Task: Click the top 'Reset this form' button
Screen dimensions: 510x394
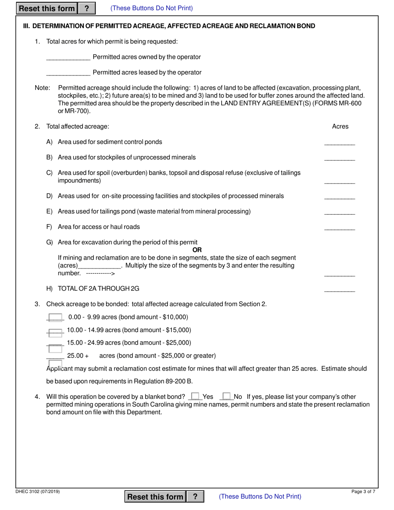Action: coord(47,8)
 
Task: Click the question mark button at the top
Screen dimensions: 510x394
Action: coord(86,8)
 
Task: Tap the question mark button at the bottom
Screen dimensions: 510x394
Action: coord(195,496)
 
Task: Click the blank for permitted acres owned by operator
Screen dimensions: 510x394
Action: coord(68,57)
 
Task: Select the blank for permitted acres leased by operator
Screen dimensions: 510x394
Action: coord(68,72)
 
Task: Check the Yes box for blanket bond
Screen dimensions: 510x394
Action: coord(195,396)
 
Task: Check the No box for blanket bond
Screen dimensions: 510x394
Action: coord(226,396)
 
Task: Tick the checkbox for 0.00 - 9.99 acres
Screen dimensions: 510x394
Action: coord(55,318)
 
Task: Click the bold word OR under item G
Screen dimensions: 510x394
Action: coord(197,250)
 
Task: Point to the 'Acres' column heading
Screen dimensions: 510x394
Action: coord(340,126)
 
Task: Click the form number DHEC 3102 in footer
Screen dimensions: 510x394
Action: coord(38,492)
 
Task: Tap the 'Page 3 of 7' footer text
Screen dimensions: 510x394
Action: coord(363,492)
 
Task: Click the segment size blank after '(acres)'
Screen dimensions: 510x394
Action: coord(100,266)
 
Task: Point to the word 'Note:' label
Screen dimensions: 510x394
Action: coord(42,88)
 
